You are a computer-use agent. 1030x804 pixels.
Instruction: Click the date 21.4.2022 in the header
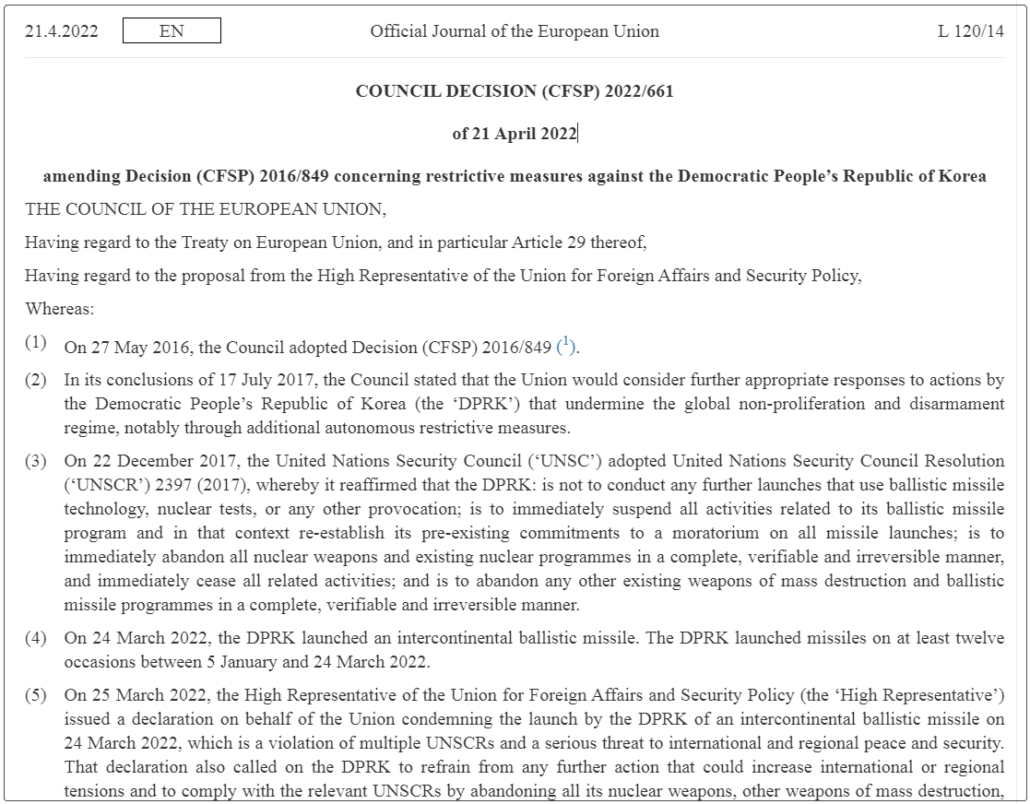pos(62,31)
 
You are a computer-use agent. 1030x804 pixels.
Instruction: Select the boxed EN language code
pos(172,31)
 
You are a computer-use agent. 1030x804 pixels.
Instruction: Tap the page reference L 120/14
pos(971,31)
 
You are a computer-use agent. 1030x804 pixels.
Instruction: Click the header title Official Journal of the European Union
pos(515,31)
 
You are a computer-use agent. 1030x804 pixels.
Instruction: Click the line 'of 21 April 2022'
pos(514,134)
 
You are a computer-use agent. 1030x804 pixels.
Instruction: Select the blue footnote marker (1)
pos(566,347)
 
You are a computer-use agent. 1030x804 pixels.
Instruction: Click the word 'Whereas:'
pos(60,308)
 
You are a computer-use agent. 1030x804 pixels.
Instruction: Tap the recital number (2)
pos(35,380)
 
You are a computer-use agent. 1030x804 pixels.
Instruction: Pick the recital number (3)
pos(35,461)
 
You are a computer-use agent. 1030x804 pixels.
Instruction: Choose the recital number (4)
pos(35,638)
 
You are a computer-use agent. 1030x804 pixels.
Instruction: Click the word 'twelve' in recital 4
pos(979,638)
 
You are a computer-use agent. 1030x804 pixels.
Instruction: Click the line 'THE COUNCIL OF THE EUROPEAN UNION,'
pos(206,209)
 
